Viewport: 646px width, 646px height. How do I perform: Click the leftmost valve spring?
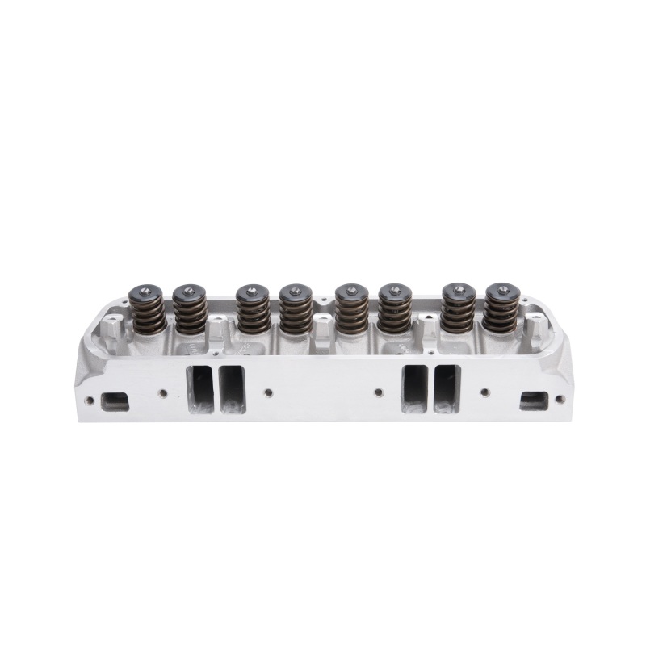[149, 313]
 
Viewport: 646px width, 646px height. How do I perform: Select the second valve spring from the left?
[190, 313]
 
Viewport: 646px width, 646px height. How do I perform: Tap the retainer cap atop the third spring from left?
[253, 292]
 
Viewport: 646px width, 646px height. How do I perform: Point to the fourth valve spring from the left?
[296, 313]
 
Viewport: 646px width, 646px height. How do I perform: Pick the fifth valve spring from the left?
[351, 313]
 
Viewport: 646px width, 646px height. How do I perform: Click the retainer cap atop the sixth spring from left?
[394, 292]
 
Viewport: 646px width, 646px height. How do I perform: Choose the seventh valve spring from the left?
[458, 313]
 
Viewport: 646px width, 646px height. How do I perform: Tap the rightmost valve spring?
[500, 313]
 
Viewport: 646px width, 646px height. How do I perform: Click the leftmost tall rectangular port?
[201, 389]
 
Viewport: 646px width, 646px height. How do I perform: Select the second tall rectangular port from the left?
[232, 389]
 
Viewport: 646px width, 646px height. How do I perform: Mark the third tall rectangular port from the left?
[415, 389]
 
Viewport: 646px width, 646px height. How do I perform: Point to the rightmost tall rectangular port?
[446, 389]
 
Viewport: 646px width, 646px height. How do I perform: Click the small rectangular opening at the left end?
[115, 401]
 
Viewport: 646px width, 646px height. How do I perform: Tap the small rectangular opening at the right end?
[534, 401]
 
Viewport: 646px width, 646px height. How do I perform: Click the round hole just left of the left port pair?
[163, 393]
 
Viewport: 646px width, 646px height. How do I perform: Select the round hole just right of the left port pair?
[268, 393]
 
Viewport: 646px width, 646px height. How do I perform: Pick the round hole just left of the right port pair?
[379, 393]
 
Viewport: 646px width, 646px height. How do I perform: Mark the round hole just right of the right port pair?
[484, 393]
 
